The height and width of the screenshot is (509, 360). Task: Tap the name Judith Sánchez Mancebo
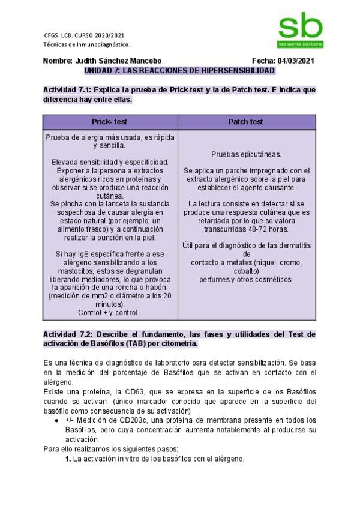point(117,61)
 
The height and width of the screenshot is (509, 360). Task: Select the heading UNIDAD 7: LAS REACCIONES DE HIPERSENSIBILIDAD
point(179,70)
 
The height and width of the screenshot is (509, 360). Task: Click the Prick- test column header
point(110,122)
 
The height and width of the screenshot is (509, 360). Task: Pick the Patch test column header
point(246,122)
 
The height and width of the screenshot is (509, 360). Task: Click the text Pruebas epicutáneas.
point(246,154)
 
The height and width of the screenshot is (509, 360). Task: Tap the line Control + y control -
point(110,313)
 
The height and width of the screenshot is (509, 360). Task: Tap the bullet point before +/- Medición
point(57,420)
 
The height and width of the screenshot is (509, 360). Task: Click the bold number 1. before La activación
point(68,459)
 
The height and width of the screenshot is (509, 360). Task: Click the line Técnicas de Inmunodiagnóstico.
point(87,44)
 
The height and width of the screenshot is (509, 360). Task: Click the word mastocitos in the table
point(64,271)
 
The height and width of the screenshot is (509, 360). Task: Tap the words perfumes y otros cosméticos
point(246,279)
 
